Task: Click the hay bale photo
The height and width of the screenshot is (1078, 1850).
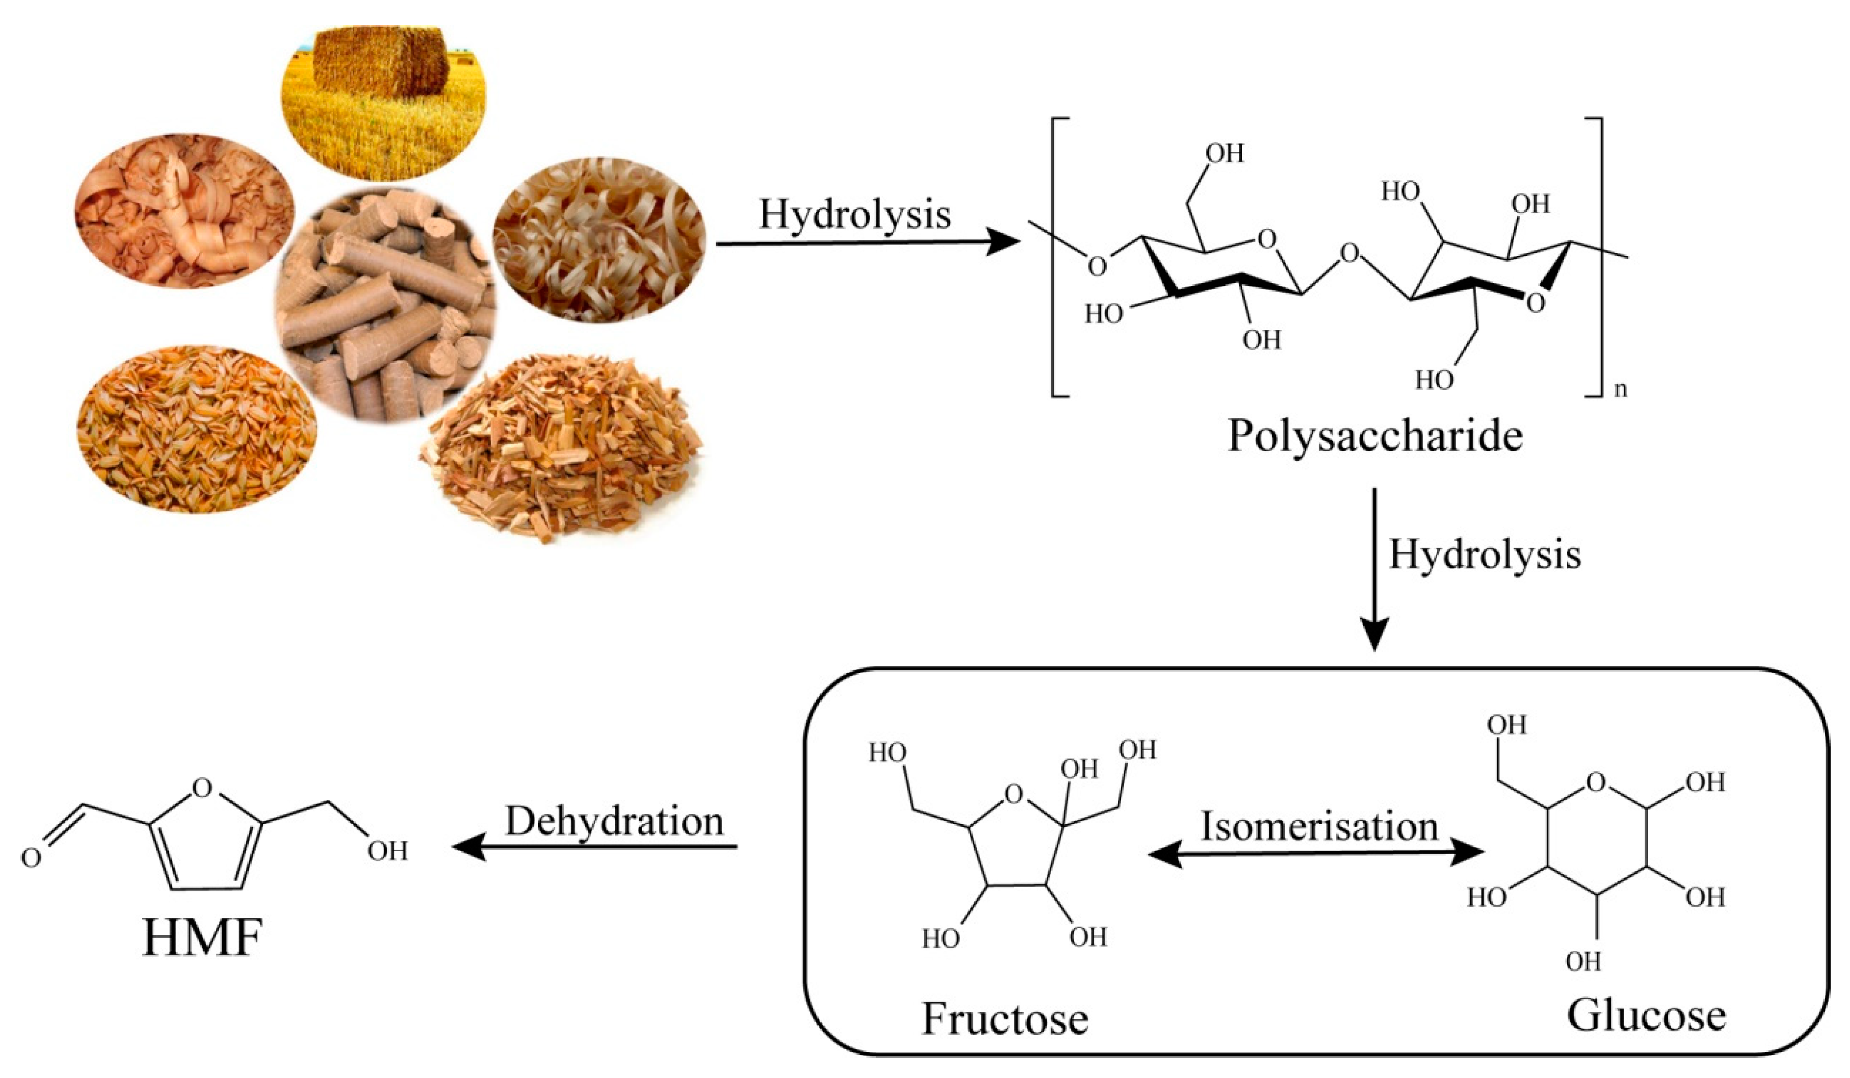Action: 383,103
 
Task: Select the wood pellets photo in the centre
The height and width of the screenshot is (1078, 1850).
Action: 385,305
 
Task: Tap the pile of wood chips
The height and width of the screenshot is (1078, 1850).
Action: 562,448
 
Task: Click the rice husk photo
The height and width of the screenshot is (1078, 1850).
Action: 197,429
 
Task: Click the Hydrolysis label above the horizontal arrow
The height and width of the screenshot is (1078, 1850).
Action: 855,215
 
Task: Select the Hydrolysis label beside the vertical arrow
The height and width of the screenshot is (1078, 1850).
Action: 1485,555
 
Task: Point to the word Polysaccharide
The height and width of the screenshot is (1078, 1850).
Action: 1375,437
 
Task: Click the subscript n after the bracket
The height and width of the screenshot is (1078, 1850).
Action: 1620,389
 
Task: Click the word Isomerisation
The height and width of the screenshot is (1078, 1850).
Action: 1319,827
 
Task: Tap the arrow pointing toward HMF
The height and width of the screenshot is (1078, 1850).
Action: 595,848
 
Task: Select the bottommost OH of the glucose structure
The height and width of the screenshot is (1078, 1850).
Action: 1583,960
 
